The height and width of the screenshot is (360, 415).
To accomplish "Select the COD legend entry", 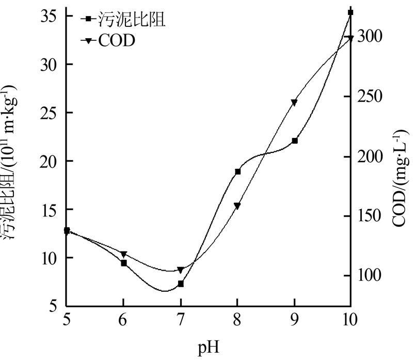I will (116, 41).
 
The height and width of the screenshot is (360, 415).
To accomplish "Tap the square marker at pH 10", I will (350, 12).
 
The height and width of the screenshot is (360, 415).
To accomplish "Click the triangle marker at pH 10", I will (350, 38).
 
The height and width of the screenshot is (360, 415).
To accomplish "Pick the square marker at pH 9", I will (294, 140).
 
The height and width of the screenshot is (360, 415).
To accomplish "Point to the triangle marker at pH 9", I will (294, 102).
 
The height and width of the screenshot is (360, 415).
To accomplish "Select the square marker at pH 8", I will (238, 171).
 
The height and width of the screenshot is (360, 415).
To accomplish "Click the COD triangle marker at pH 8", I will (237, 206).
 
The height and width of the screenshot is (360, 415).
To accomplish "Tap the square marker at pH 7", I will (181, 284).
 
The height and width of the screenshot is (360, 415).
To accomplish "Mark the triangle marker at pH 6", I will (124, 254).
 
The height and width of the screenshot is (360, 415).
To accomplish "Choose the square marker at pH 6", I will (124, 263).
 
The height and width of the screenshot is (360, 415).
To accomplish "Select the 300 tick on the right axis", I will (371, 36).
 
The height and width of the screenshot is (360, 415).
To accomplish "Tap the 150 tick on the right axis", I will (371, 216).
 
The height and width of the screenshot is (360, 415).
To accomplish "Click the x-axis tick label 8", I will (237, 320).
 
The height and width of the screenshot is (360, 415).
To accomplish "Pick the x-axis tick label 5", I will (67, 320).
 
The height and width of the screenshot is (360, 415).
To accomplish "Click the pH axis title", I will (209, 347).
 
